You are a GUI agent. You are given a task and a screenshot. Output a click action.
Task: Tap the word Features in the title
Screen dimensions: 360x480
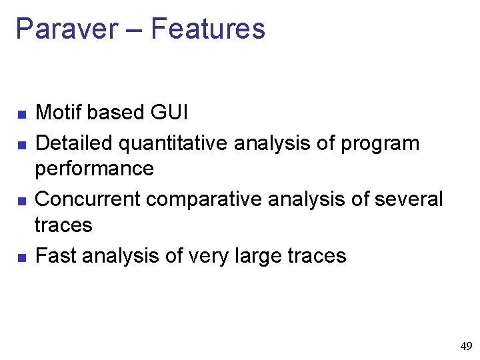(208, 29)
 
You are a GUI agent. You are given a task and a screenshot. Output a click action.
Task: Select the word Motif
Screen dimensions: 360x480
(58, 113)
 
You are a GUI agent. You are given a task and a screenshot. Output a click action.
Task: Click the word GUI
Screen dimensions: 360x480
(169, 113)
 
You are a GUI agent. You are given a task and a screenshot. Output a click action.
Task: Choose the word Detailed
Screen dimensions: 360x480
(76, 143)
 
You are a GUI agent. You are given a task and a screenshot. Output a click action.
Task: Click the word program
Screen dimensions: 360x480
(380, 144)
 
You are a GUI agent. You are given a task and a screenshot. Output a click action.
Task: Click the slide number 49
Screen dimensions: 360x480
(466, 346)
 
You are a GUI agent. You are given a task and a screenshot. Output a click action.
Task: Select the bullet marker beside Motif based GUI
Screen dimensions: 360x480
(22, 115)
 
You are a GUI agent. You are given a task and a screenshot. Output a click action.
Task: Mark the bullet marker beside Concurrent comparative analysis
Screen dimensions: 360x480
(22, 201)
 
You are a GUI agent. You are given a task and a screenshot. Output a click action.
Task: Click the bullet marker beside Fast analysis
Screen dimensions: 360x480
(22, 257)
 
